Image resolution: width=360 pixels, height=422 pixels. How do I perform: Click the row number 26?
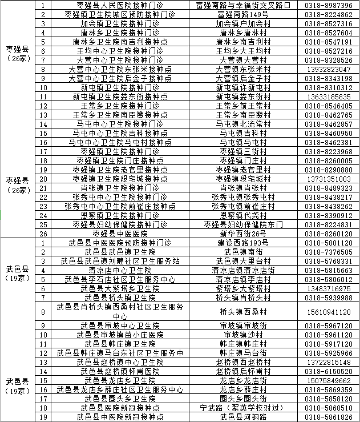pyautogui.click(x=43, y=234)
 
